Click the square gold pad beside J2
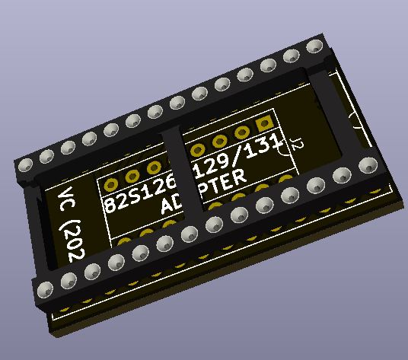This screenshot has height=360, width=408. pyautogui.click(x=265, y=123)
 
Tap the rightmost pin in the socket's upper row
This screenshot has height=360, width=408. pyautogui.click(x=312, y=49)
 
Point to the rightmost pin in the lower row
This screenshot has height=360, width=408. pyautogui.click(x=368, y=165)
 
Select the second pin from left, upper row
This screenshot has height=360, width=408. pyautogui.click(x=46, y=156)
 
